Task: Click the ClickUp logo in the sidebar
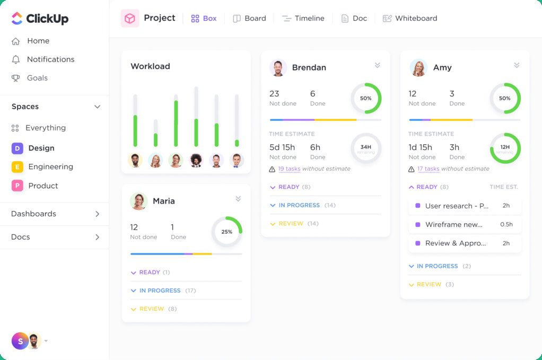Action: [40, 19]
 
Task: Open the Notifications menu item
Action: [50, 59]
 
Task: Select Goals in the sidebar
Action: [37, 78]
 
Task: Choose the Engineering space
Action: [50, 166]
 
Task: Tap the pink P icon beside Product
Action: [17, 186]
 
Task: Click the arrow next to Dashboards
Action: [97, 214]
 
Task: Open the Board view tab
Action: [249, 18]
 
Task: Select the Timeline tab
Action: [303, 18]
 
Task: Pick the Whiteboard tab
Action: [410, 18]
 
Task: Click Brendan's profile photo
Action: [278, 67]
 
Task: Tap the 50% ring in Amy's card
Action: [505, 98]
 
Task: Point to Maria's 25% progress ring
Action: [227, 232]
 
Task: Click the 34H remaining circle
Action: [366, 148]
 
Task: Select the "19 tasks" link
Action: [289, 169]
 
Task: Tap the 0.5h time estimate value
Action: [506, 224]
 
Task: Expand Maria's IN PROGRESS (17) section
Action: [160, 291]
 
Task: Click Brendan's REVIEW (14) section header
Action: [291, 224]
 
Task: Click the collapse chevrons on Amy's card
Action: [517, 65]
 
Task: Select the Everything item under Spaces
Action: [45, 128]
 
